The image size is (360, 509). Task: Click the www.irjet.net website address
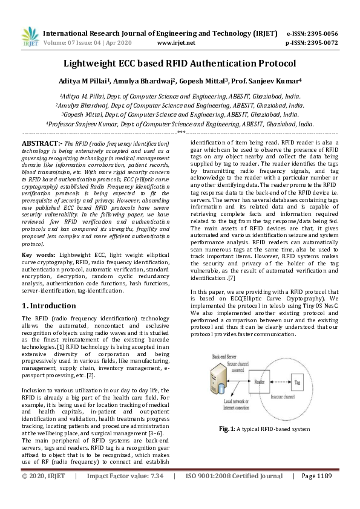pyautogui.click(x=175, y=43)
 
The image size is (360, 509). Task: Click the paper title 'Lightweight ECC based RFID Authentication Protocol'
pyautogui.click(x=180, y=63)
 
